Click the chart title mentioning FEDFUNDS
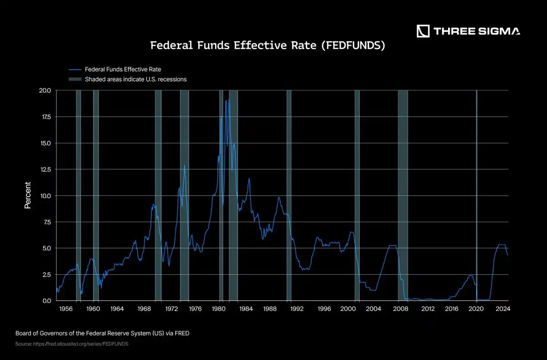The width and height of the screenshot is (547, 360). [x=268, y=46]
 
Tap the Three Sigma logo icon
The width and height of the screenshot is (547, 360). [x=423, y=31]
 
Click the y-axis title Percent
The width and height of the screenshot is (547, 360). [x=28, y=195]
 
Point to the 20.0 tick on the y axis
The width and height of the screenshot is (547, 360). [x=45, y=91]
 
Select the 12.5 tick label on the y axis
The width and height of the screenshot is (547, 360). [x=45, y=170]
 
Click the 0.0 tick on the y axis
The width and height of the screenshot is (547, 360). [x=46, y=301]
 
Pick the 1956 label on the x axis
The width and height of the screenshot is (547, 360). [x=66, y=309]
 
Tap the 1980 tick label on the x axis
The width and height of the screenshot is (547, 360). [x=220, y=309]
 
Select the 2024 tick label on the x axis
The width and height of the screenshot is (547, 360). [x=502, y=309]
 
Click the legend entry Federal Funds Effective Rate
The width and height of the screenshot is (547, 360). [x=123, y=70]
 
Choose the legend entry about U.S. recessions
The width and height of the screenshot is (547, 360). [x=135, y=79]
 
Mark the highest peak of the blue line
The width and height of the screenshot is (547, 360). [x=229, y=99]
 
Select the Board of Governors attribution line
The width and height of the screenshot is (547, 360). [x=102, y=333]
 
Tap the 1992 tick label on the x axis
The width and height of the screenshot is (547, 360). [x=297, y=309]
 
